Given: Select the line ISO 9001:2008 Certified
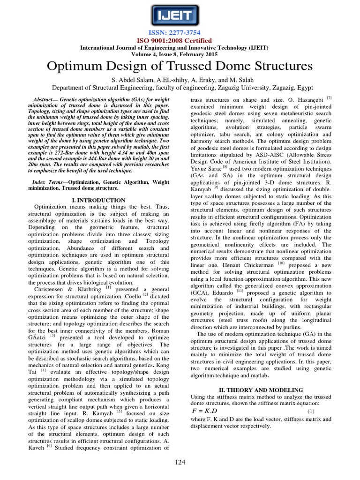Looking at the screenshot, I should coord(180,41).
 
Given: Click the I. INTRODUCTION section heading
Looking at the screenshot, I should coord(98,200).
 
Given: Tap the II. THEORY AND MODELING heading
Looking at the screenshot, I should coord(262,390).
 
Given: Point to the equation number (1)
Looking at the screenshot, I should coord(310,412).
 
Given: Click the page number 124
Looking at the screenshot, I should coord(180,462).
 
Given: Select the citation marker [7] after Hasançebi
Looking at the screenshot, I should coord(329,97).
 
